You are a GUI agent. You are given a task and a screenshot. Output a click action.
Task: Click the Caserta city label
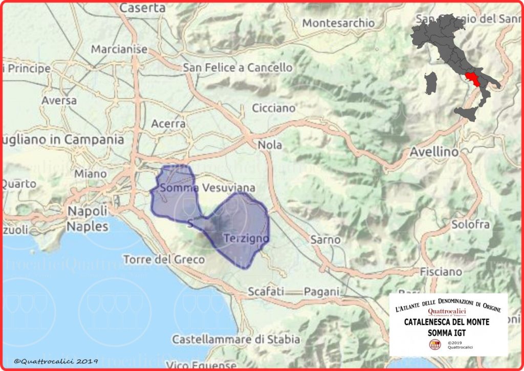point(142,8)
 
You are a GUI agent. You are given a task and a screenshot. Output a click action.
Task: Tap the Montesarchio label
point(338,23)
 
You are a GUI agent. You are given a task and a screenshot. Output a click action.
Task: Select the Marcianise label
point(119,49)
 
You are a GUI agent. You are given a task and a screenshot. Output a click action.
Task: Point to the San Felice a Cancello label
point(238,68)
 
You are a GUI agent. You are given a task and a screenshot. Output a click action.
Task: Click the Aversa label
point(59,100)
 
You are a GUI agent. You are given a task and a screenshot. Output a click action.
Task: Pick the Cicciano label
point(274,108)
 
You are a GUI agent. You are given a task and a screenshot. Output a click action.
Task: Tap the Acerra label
point(168,124)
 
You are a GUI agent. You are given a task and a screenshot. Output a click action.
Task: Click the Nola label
point(270,145)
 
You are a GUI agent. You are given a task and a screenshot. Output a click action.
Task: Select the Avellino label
point(433,152)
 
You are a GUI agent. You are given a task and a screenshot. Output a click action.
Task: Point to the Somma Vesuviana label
point(207,188)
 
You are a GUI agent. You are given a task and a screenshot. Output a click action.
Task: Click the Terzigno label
point(247,238)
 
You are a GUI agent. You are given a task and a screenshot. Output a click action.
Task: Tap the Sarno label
point(325,239)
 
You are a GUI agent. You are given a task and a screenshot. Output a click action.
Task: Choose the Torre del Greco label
point(164,259)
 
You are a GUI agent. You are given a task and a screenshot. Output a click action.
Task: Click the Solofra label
point(470,224)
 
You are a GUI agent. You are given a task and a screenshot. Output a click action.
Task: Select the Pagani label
point(321,292)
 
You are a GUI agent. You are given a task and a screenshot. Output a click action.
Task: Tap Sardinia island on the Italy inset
point(431,82)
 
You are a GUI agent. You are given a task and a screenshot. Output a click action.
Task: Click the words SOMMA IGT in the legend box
point(447,332)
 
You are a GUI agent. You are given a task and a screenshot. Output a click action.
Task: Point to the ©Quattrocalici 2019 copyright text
point(56,361)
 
